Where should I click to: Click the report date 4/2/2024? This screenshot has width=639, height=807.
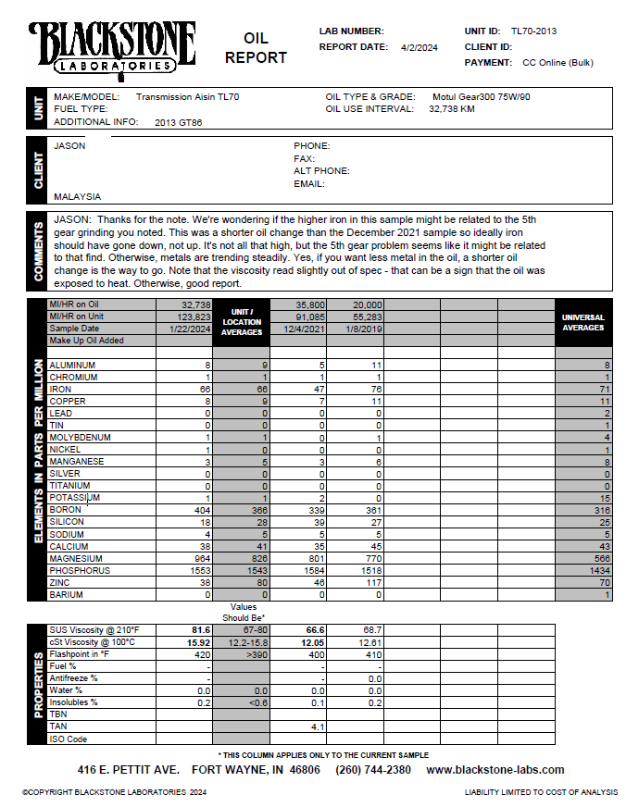[x=420, y=46]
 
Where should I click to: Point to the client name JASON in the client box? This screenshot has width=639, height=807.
[x=69, y=145]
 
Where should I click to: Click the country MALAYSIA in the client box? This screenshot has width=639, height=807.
[x=78, y=197]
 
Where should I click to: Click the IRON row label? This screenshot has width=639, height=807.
[x=60, y=390]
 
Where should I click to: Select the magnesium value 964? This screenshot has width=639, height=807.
[x=202, y=559]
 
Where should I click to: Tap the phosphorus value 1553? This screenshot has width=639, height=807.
[x=199, y=571]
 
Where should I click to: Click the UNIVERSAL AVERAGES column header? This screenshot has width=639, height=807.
[x=583, y=322]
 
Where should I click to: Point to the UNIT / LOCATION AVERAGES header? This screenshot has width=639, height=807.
[x=242, y=322]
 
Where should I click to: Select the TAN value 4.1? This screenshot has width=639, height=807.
[x=317, y=727]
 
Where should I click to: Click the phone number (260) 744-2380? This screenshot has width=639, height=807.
[x=373, y=770]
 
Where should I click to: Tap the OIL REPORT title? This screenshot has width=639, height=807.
[x=256, y=48]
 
